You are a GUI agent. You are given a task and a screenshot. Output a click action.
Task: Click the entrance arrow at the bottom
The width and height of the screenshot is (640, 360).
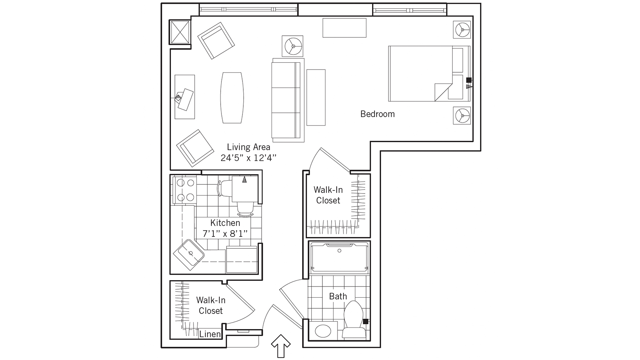(x=281, y=345)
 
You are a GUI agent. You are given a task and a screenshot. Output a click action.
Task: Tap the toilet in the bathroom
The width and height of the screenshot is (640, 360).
(x=354, y=320)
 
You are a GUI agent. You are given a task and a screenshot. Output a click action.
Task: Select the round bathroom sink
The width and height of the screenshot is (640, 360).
(x=323, y=331)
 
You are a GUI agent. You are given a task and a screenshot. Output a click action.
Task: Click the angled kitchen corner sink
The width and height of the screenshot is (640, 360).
(x=188, y=255)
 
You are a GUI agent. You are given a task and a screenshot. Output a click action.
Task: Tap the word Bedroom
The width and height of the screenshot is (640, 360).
(x=377, y=114)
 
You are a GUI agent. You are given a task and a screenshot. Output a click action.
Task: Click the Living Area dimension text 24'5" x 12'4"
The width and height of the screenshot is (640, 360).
(x=248, y=158)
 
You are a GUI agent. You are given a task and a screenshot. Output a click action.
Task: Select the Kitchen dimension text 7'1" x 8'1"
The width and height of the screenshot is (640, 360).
(x=225, y=233)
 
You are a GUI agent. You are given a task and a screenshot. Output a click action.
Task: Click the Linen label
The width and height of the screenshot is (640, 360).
(x=209, y=334)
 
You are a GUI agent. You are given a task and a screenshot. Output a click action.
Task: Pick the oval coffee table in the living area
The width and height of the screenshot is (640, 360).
(x=232, y=98)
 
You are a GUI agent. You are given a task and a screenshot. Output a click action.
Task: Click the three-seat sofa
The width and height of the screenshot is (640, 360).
(x=286, y=100)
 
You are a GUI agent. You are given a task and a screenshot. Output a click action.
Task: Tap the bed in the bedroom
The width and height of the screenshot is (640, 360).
(x=421, y=74)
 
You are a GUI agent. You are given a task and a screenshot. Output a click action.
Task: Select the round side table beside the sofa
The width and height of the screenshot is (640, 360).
(x=293, y=46)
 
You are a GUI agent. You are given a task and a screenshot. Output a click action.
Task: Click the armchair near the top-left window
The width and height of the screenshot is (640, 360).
(x=216, y=41)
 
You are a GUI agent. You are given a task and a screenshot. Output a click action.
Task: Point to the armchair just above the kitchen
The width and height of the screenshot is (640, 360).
(x=195, y=148)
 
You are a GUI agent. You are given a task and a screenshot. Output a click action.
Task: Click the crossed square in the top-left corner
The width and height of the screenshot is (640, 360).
(x=180, y=32)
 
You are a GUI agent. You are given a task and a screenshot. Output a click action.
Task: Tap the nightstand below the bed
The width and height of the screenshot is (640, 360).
(x=462, y=116)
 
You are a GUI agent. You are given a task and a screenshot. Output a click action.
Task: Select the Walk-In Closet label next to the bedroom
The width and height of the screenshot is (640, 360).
(x=328, y=195)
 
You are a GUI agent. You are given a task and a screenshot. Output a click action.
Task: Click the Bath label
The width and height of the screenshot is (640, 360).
(x=338, y=296)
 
